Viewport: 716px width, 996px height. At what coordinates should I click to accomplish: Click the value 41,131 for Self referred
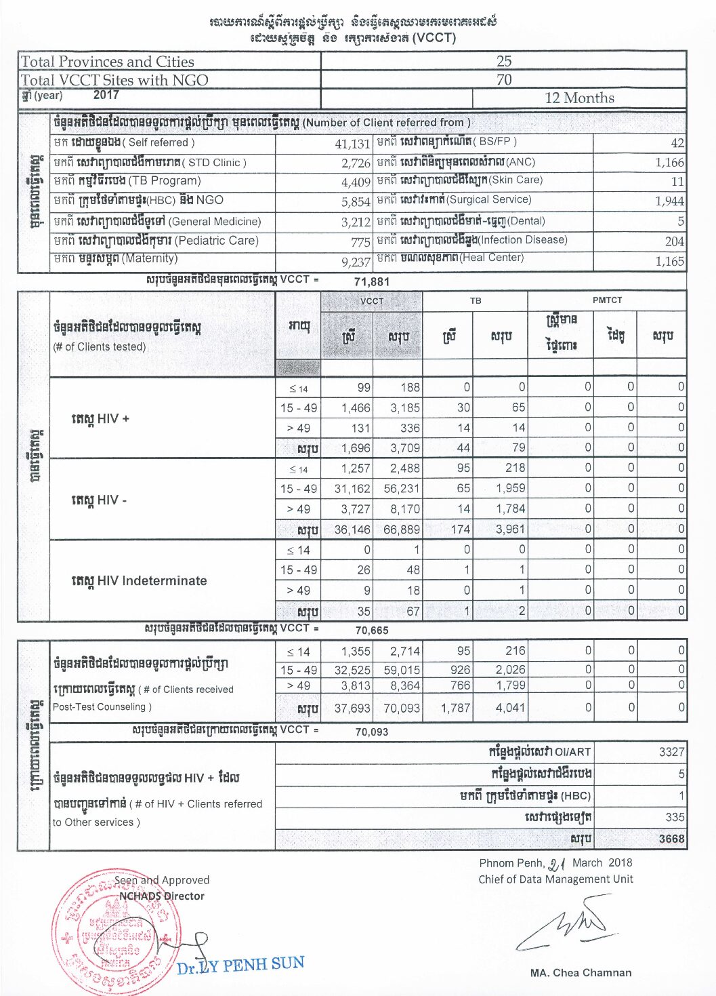pyautogui.click(x=352, y=144)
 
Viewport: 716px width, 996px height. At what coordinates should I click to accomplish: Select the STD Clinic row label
pyautogui.click(x=150, y=163)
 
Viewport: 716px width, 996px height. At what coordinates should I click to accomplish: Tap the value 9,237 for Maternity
pyautogui.click(x=355, y=262)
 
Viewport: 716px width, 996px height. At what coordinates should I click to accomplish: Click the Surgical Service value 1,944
pyautogui.click(x=669, y=201)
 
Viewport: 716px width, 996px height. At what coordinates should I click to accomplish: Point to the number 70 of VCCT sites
pyautogui.click(x=504, y=79)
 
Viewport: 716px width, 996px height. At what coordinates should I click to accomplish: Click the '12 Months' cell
pyautogui.click(x=579, y=98)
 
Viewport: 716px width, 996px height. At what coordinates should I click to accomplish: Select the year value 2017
pyautogui.click(x=106, y=95)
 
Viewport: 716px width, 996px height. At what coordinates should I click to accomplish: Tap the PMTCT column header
pyautogui.click(x=607, y=300)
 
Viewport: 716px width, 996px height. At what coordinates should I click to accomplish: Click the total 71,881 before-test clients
pyautogui.click(x=372, y=281)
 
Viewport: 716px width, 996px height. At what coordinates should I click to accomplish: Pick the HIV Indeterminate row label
pyautogui.click(x=139, y=580)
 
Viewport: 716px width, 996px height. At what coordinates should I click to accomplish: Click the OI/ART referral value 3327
pyautogui.click(x=671, y=752)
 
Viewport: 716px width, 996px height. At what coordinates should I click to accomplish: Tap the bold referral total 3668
pyautogui.click(x=671, y=839)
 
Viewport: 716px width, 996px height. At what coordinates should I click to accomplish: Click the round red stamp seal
pyautogui.click(x=108, y=932)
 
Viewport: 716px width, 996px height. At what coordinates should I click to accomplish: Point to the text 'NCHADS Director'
pyautogui.click(x=161, y=896)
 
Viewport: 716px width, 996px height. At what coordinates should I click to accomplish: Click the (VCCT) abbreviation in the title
pyautogui.click(x=434, y=37)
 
